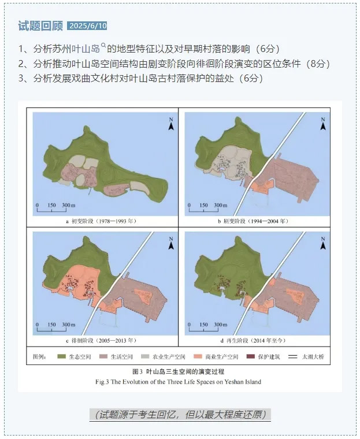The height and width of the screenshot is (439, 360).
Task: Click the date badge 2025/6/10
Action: point(87,26)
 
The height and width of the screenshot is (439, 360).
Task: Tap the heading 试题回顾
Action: point(40,26)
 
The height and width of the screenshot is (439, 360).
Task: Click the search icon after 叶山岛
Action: point(104,46)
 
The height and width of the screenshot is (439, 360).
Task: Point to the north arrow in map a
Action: point(170,123)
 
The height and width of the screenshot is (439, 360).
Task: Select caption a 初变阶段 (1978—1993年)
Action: point(101,221)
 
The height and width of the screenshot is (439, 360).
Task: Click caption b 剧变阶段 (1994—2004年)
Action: point(253,221)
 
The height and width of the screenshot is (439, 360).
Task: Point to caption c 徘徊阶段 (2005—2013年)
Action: point(101,341)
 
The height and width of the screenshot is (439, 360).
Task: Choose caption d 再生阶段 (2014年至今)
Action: point(253,341)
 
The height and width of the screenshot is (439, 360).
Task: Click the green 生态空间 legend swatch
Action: point(60,357)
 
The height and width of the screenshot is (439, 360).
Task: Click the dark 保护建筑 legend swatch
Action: point(253,357)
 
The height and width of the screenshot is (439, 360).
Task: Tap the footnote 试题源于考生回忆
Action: point(180,414)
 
